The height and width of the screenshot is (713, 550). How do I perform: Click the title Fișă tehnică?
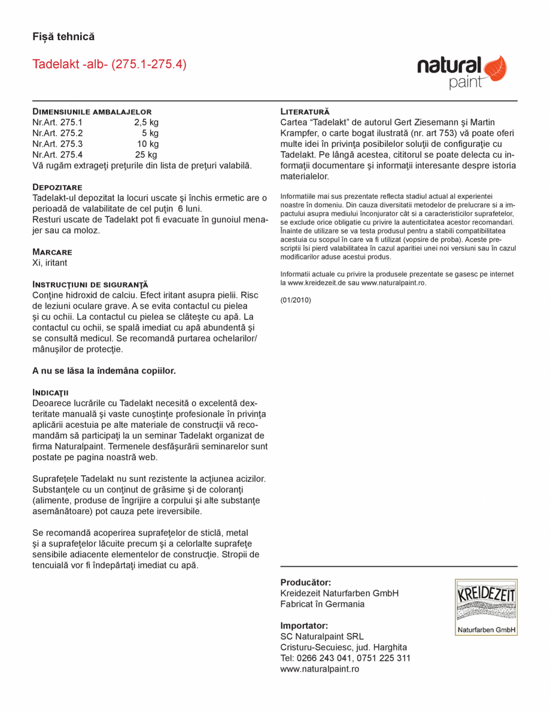click(63, 37)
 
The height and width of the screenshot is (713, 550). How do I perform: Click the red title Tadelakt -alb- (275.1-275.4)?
click(109, 64)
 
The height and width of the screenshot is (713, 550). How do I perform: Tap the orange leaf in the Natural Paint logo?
click(494, 68)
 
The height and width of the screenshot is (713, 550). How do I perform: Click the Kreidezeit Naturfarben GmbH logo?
click(486, 607)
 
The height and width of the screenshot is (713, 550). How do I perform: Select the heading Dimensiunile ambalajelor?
click(92, 111)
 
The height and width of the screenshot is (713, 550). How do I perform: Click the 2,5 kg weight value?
click(147, 122)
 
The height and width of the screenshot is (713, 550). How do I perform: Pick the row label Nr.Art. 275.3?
click(57, 144)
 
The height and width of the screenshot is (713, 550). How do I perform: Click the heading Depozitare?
click(57, 188)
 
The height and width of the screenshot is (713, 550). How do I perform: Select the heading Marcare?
click(52, 252)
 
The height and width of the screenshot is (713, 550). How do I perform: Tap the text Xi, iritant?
click(50, 262)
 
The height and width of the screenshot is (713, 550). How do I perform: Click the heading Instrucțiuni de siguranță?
click(90, 285)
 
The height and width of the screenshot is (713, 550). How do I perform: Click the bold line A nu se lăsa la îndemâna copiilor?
click(104, 371)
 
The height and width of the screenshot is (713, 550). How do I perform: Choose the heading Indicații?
click(50, 392)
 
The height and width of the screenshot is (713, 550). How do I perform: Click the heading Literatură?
click(305, 111)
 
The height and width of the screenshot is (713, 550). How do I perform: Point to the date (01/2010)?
click(296, 300)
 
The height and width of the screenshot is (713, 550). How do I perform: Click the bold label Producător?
click(305, 582)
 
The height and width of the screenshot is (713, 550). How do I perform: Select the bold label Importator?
click(304, 626)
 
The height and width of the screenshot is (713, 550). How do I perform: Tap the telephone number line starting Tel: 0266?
click(345, 658)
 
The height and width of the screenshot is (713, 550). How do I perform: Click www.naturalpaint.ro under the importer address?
click(320, 669)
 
